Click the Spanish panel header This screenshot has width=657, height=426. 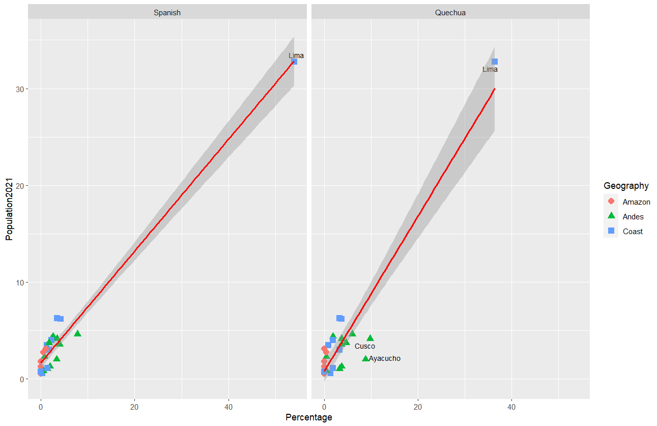click(167, 13)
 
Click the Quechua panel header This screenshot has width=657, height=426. click(450, 13)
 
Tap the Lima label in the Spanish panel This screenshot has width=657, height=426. click(296, 55)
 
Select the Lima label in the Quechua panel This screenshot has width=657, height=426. click(490, 69)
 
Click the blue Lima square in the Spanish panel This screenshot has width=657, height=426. click(294, 62)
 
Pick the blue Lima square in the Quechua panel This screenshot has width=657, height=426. click(495, 62)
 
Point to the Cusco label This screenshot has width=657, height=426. click(364, 346)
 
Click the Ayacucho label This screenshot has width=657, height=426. click(385, 358)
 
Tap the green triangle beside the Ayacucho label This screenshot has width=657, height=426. click(365, 358)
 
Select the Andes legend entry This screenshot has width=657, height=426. click(633, 216)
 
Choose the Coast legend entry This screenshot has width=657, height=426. click(633, 231)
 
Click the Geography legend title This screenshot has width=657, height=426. click(626, 185)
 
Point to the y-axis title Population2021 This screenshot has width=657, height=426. click(9, 209)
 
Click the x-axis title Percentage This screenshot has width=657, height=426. click(308, 417)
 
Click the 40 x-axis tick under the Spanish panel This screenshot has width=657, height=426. click(228, 407)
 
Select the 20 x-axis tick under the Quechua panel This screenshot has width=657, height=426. click(418, 407)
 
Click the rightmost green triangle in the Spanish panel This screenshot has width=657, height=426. click(77, 333)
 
